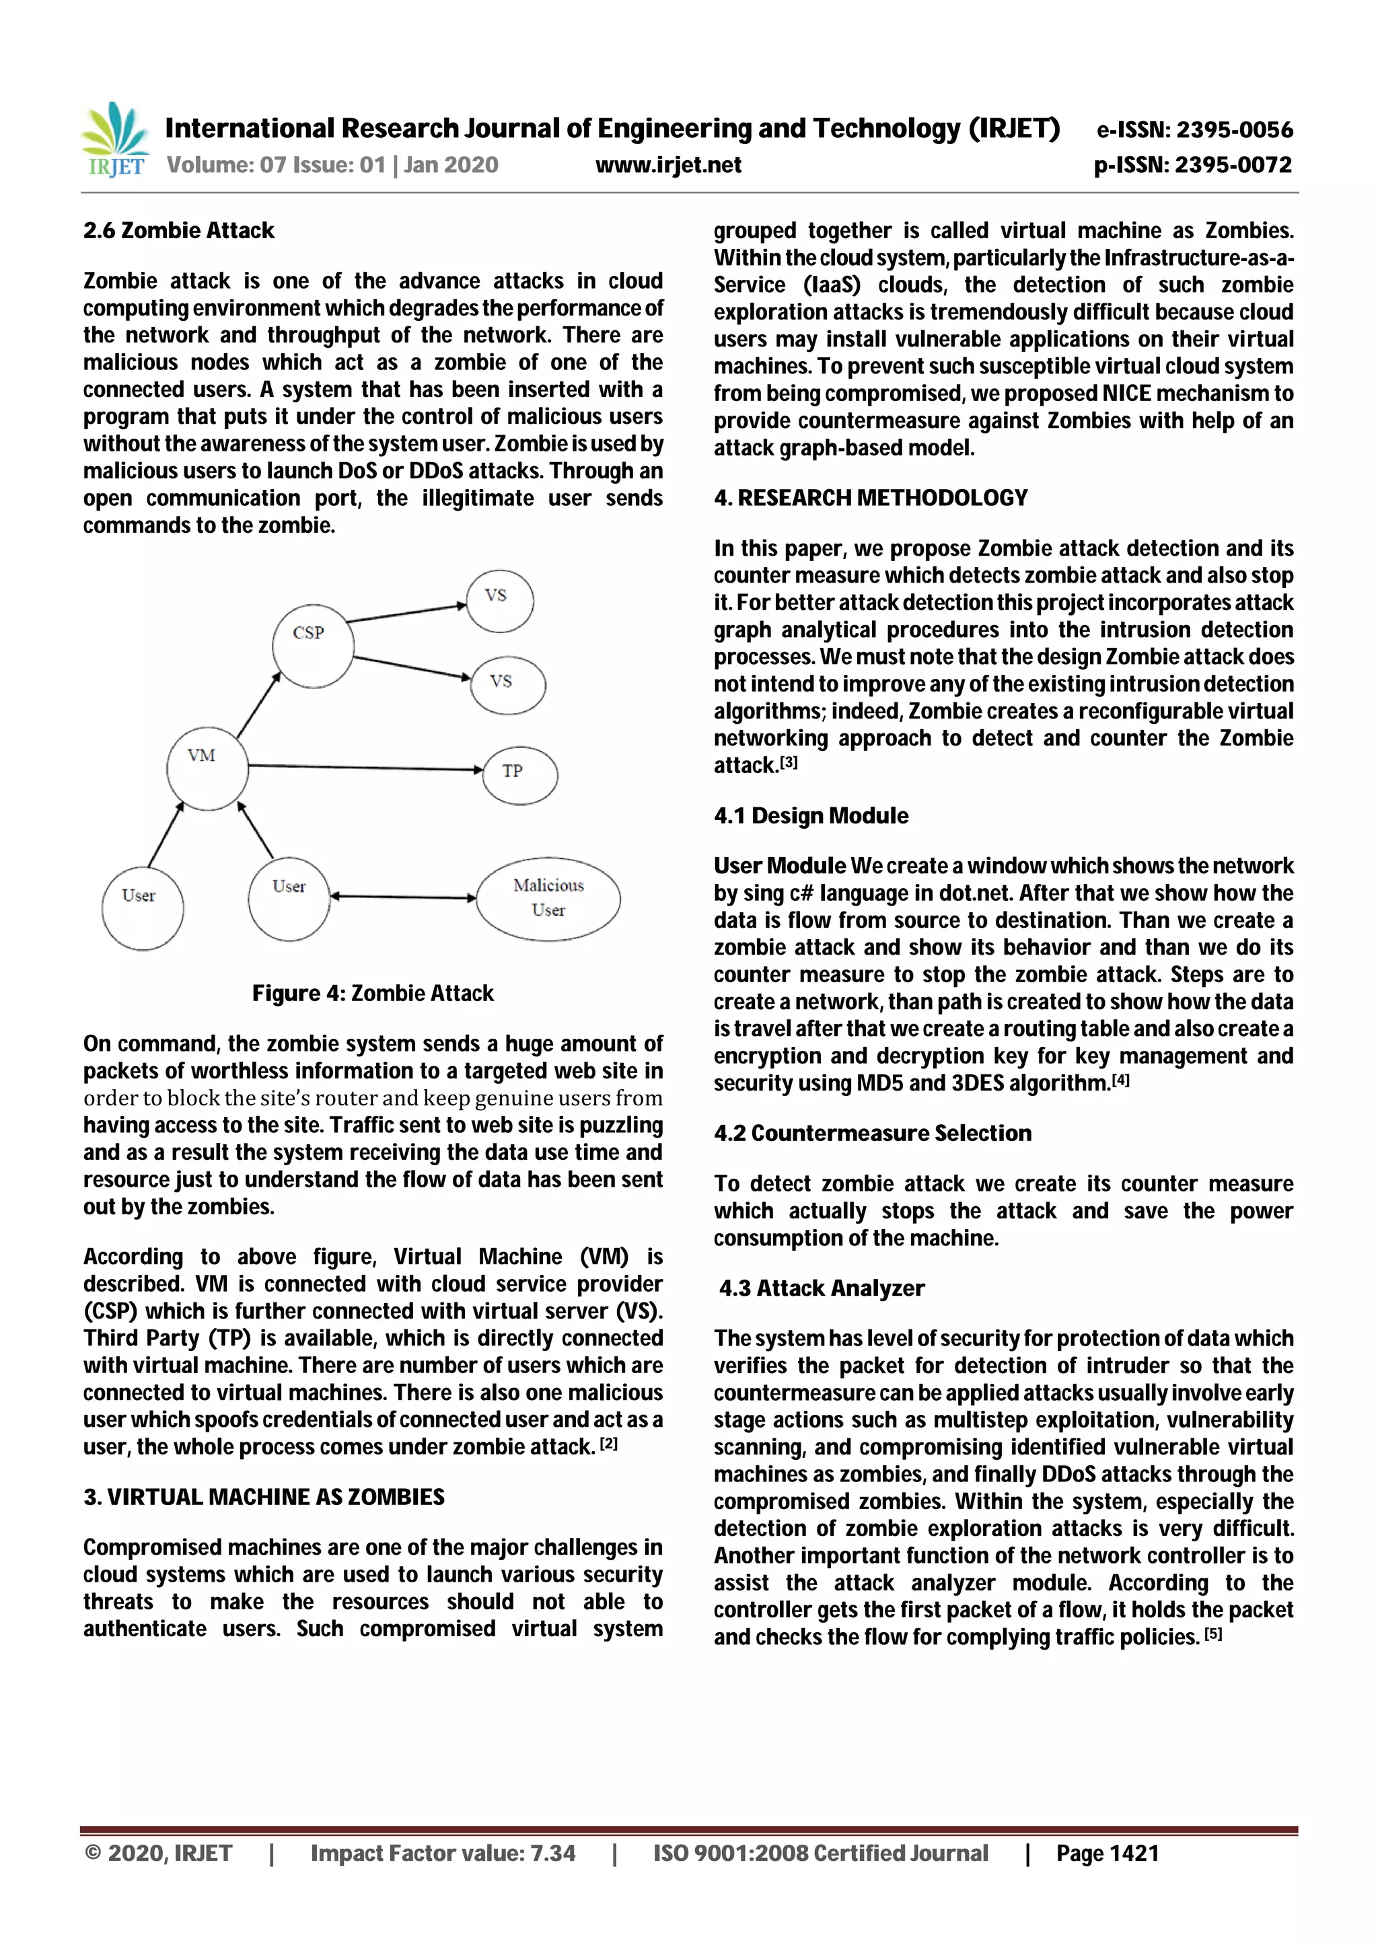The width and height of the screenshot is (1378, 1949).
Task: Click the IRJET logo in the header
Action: [x=114, y=139]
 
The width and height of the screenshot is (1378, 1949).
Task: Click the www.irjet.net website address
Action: [x=667, y=165]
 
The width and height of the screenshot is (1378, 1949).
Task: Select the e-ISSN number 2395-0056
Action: [x=1194, y=130]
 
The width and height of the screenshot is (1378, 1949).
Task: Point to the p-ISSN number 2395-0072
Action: [x=1193, y=165]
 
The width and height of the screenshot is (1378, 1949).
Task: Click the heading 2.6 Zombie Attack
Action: [x=178, y=231]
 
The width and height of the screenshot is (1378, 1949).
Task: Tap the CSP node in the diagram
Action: [x=312, y=645]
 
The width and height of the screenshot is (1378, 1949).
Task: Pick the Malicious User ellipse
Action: [x=548, y=898]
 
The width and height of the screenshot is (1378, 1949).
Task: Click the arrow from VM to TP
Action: [x=365, y=768]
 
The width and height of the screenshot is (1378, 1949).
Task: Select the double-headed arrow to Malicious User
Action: [x=402, y=896]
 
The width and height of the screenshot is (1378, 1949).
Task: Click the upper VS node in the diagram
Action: [x=499, y=600]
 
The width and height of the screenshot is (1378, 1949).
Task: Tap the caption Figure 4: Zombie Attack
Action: [x=372, y=993]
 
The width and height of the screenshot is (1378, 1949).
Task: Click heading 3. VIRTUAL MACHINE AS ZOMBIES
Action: [x=263, y=1496]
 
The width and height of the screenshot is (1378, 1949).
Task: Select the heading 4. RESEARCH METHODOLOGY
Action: [x=870, y=499]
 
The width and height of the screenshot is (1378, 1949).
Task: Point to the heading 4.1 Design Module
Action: [x=811, y=816]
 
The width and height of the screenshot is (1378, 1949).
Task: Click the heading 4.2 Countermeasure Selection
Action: [x=872, y=1133]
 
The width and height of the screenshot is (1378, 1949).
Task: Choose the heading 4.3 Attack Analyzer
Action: [x=821, y=1288]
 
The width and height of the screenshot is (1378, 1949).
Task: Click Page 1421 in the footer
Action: [x=1106, y=1853]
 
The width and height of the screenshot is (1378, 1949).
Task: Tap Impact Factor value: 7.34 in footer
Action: [x=442, y=1853]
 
